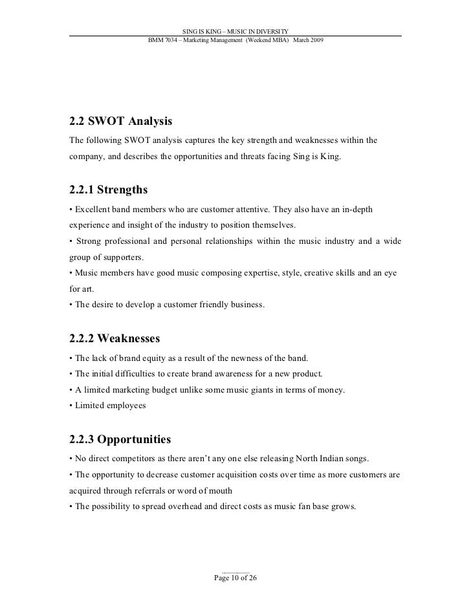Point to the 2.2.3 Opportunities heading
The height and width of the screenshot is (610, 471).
(x=120, y=439)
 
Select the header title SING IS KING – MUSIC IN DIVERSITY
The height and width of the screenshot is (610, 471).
(x=235, y=31)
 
